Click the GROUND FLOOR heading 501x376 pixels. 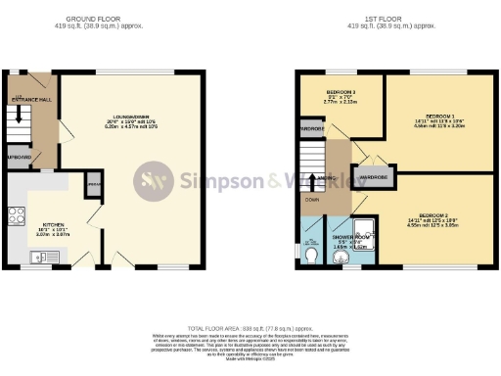click(x=93, y=19)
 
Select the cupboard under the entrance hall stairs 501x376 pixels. click(x=19, y=157)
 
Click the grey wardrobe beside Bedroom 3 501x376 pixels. click(x=312, y=128)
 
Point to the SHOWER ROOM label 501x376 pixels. click(x=351, y=237)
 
